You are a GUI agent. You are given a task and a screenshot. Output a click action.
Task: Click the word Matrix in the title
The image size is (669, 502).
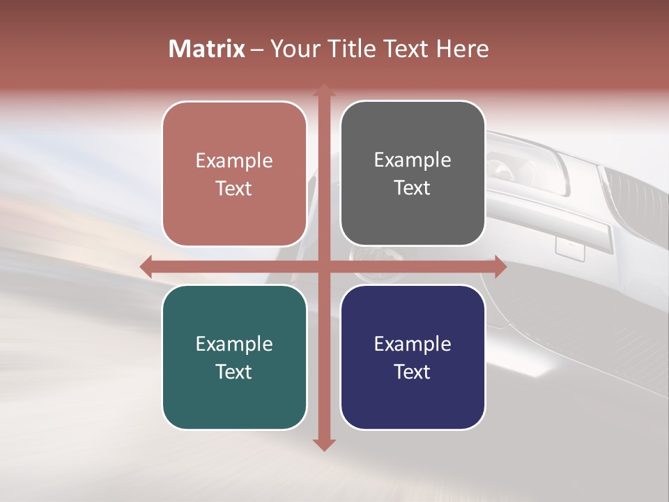207,49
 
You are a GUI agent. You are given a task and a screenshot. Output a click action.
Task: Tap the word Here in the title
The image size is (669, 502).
462,49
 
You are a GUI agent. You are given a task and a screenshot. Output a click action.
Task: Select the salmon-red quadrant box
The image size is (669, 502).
234,174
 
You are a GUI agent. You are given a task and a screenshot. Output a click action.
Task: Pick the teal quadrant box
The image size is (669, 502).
234,357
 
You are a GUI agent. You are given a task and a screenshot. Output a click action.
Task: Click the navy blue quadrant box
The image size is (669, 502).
413,357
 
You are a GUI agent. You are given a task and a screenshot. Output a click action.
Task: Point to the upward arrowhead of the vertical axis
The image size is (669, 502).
323,91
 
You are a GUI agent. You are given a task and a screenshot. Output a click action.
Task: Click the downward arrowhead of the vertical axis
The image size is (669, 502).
323,444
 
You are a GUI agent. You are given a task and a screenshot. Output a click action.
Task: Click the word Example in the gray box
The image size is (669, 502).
413,160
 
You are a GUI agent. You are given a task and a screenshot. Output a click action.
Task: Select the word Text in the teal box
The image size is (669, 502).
234,372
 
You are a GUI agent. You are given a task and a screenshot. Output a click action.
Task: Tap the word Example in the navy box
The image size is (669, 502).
413,344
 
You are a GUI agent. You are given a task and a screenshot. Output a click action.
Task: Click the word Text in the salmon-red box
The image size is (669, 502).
234,188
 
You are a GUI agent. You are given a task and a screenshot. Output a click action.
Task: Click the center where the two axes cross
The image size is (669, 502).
323,266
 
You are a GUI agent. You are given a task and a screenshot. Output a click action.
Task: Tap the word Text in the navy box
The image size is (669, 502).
413,372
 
